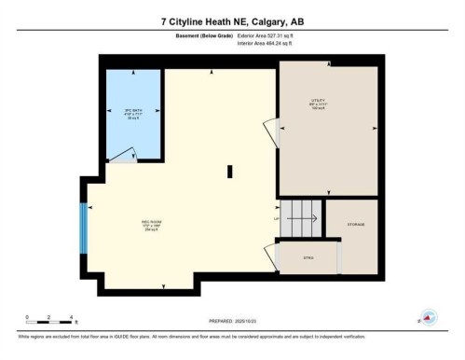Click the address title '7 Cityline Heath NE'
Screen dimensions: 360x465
click(232, 21)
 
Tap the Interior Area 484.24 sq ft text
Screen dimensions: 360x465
click(272, 43)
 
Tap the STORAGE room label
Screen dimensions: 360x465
click(356, 224)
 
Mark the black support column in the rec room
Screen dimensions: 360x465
click(229, 170)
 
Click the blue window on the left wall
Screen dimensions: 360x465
click(84, 228)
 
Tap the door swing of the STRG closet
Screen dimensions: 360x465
click(271, 255)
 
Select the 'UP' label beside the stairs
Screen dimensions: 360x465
click(276, 218)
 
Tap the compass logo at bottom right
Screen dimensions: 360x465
click(430, 317)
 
